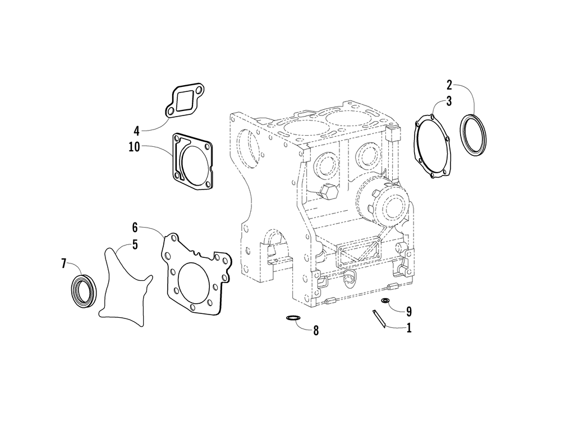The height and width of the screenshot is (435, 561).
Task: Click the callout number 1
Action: tap(409, 328)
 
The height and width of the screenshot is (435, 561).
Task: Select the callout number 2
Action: tap(449, 85)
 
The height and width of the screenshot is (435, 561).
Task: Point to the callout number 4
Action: tap(136, 131)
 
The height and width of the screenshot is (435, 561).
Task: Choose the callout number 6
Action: tap(135, 227)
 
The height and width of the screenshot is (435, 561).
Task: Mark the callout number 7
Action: tap(63, 262)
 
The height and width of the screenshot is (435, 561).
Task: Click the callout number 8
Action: tap(316, 330)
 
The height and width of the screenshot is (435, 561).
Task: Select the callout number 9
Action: tap(409, 310)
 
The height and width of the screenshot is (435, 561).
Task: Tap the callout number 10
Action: tap(135, 147)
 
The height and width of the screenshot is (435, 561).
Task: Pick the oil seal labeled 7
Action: tap(84, 289)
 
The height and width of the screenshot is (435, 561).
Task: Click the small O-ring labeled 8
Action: tap(292, 318)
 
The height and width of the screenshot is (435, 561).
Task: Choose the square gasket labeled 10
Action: tap(193, 162)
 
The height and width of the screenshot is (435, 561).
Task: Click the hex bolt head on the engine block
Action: tap(329, 192)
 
